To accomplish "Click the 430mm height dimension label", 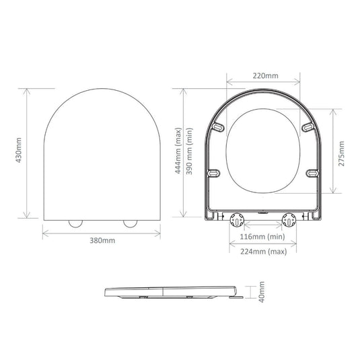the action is click(19, 150).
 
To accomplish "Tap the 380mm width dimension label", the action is click(102, 241).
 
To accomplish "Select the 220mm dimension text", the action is click(265, 76).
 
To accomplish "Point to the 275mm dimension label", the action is click(341, 153).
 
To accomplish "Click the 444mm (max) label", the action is click(178, 151).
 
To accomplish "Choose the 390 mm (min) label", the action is click(189, 151).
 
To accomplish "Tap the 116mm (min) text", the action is click(262, 236).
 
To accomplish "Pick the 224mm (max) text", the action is click(264, 252).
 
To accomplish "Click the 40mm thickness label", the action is click(262, 292).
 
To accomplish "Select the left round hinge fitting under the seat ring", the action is click(237, 220).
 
